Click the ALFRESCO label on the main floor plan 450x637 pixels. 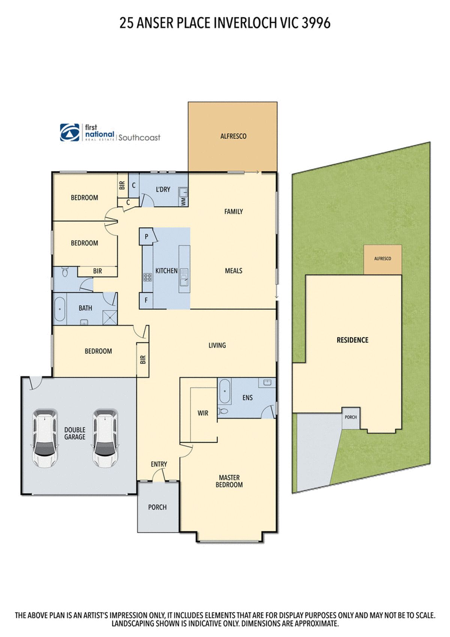coord(233,136)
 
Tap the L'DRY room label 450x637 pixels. coord(163,189)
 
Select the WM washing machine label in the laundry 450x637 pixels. coord(183,201)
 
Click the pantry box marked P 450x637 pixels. coord(147,236)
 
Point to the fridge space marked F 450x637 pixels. coord(146,300)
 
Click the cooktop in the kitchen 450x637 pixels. coord(147,278)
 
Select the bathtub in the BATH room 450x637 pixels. coord(60,309)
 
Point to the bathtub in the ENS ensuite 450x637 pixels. coord(224,391)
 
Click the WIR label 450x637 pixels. coord(203,413)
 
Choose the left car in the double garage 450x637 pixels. coord(45,437)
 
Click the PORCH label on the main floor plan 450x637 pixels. coord(157,507)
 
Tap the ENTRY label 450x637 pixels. coord(159,464)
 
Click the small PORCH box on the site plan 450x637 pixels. coord(351,417)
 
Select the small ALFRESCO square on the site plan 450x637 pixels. coord(382,259)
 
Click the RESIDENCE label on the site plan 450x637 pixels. coord(352,340)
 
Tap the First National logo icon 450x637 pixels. coord(70,133)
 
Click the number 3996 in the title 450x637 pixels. coord(316,23)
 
